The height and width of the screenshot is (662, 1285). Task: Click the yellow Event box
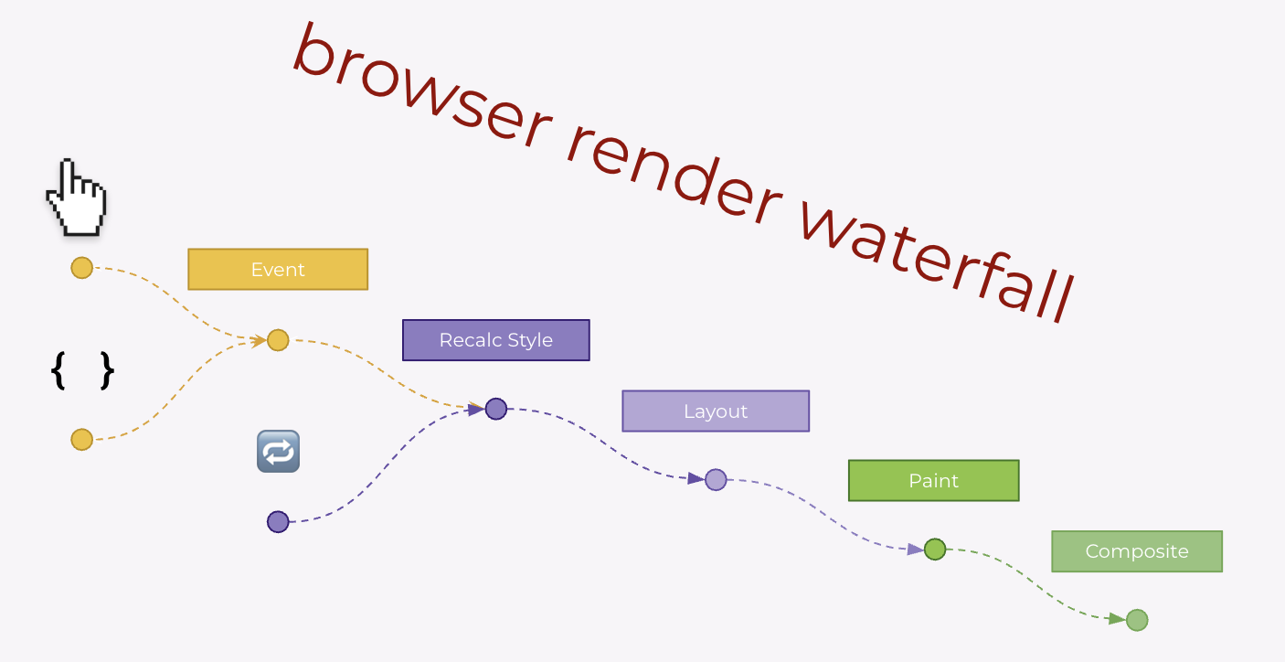[x=278, y=270]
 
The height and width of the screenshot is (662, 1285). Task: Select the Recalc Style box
[x=495, y=340]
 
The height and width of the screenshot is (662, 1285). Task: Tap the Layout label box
[x=716, y=411]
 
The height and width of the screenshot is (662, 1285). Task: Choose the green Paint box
[x=933, y=481]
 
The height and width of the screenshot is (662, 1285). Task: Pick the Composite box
[x=1136, y=551]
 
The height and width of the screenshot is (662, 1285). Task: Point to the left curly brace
[x=58, y=370]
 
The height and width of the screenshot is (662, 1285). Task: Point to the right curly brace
[x=107, y=370]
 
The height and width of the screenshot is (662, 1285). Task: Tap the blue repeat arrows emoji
[x=278, y=452]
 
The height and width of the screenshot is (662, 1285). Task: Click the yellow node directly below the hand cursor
[x=82, y=268]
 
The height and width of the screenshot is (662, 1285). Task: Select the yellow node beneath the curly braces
[x=82, y=440]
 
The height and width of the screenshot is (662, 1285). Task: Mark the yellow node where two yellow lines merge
[x=278, y=340]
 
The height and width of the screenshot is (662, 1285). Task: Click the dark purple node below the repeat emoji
[x=278, y=522]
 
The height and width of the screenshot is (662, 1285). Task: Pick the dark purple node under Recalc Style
[x=495, y=409]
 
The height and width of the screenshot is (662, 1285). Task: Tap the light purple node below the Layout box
[x=716, y=479]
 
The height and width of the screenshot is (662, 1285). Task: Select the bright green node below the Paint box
[x=934, y=550]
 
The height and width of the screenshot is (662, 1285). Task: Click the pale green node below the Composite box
[x=1136, y=620]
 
